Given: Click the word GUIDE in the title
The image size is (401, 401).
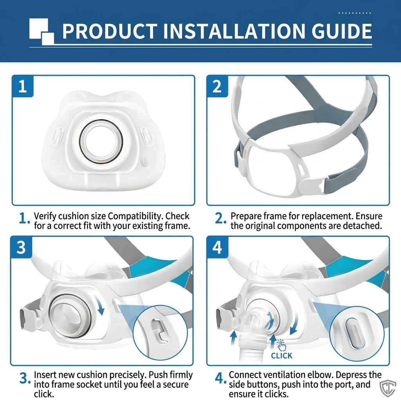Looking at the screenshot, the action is coord(341,31).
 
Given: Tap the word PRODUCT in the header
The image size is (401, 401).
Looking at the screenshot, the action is coord(110,31).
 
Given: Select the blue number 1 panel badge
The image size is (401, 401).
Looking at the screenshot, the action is coord(23,86).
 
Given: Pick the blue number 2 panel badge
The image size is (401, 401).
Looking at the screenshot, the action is coord(217,86).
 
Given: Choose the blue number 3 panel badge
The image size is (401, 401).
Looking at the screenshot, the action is coord(21,247).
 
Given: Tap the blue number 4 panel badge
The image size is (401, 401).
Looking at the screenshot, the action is coord(217,247).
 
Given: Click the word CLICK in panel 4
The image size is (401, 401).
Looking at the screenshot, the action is coord(282,356).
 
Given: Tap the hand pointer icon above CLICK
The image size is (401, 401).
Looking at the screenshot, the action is coord(282,345).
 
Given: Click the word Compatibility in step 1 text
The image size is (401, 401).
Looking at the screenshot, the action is coord(135,216).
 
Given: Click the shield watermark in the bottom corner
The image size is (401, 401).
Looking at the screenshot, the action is coord(388,389).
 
